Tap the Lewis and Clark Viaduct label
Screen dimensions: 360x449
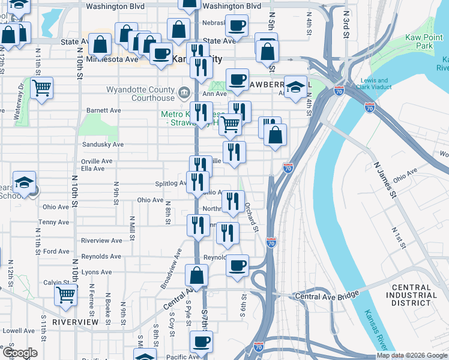[374, 85]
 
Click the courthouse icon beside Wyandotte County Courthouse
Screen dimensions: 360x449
[184, 93]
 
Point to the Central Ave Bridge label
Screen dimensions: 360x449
[327, 296]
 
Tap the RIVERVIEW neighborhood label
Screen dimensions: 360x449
[75, 322]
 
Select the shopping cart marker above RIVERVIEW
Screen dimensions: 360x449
[65, 295]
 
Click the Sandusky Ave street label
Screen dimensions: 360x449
[103, 145]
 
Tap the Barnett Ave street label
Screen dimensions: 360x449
[103, 110]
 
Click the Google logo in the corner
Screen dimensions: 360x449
[19, 353]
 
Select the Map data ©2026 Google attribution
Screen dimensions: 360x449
[412, 356]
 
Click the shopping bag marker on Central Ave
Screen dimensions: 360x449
[196, 276]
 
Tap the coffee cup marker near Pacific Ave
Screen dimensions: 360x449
[201, 342]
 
